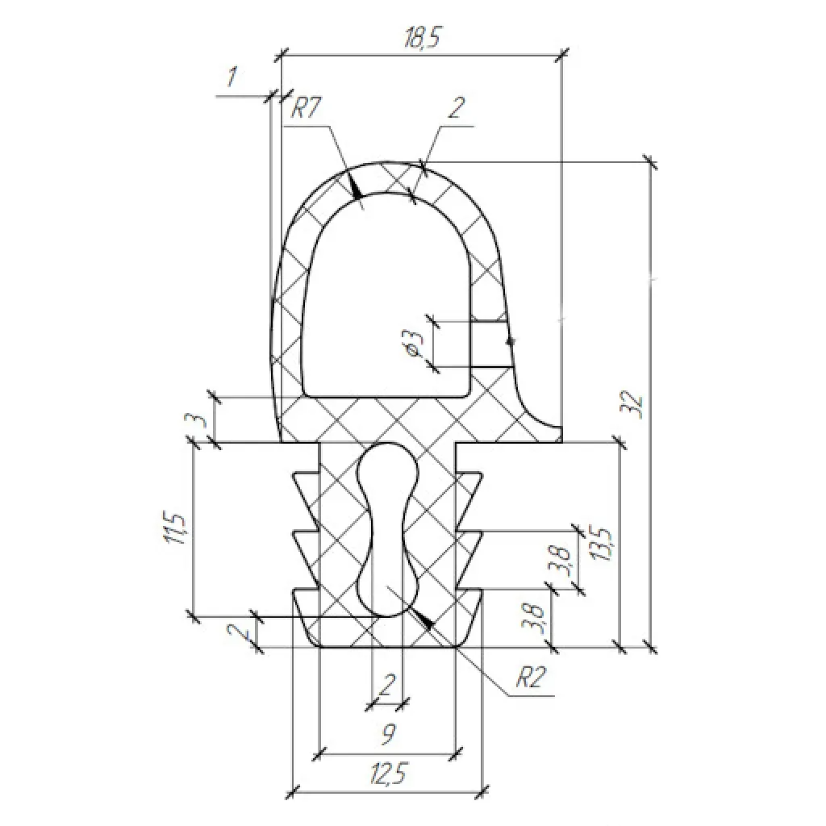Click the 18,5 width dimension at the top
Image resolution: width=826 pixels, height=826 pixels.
421,39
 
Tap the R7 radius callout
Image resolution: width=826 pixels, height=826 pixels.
306,109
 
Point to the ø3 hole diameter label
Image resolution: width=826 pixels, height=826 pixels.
415,343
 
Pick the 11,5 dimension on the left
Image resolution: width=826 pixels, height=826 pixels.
175,528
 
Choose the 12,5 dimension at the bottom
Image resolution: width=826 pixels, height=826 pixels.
388,774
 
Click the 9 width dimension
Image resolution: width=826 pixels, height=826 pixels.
388,734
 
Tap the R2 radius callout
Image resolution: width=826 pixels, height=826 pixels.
529,677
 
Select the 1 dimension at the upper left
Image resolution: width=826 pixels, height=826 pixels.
232,77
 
